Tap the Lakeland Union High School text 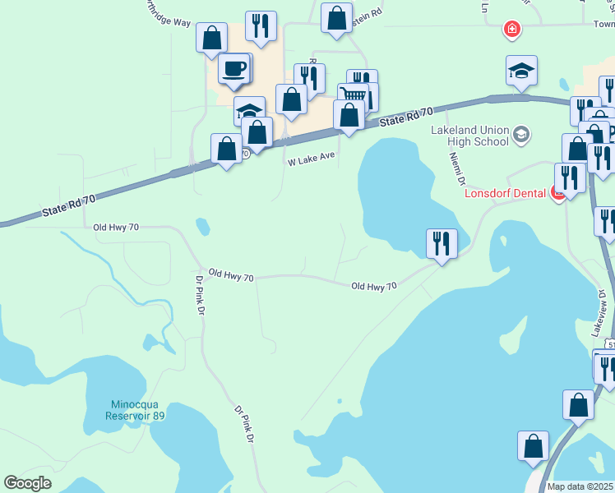470,135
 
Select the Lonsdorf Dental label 506,195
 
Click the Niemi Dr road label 457,169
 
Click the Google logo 28,483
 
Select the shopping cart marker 353,94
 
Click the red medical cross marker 511,30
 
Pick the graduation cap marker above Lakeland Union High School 521,71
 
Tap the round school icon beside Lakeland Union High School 520,134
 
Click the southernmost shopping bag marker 533,446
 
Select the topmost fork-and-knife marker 261,26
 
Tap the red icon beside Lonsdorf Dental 557,195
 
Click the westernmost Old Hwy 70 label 116,227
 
